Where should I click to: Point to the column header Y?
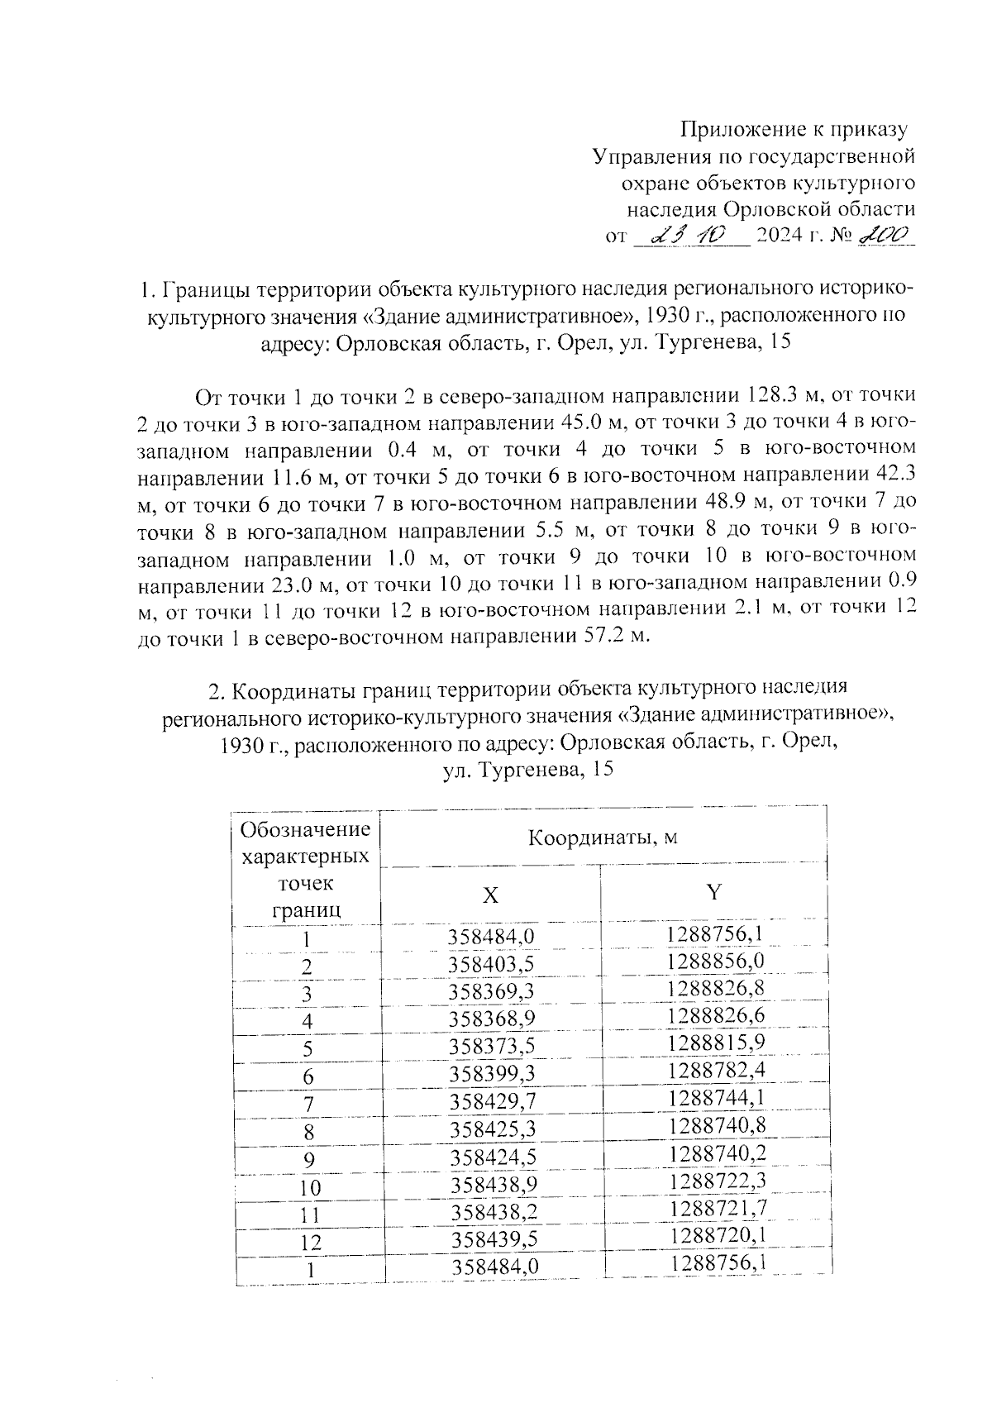(x=713, y=891)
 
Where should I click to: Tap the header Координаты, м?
(x=603, y=838)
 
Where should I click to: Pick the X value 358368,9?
(x=492, y=1019)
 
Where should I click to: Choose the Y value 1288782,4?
(x=716, y=1071)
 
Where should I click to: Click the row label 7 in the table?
(x=308, y=1105)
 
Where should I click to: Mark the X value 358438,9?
(x=494, y=1185)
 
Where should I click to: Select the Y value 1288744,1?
(x=716, y=1099)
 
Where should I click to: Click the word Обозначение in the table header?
(x=304, y=828)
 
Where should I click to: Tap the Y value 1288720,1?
(x=718, y=1235)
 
